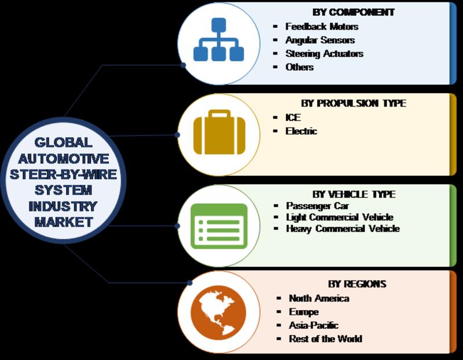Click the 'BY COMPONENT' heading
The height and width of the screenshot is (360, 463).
pos(354,12)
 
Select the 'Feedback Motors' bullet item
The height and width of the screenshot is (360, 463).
pos(322,27)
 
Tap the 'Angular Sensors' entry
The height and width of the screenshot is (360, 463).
pos(320,40)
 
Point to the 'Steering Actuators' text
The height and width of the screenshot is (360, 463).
pos(324,54)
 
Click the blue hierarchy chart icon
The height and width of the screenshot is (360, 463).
pos(219,39)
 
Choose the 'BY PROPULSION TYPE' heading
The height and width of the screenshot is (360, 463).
pos(354,103)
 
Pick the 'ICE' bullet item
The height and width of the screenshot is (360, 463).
pos(293,117)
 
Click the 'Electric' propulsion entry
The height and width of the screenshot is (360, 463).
pos(301,131)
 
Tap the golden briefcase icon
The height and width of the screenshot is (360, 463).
pos(219,132)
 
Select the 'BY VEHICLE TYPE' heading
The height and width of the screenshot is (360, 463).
pos(354,194)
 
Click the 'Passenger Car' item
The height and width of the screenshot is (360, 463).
pos(317,206)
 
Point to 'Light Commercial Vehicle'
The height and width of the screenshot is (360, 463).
pos(340,218)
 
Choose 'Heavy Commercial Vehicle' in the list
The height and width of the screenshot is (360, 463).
pos(343,229)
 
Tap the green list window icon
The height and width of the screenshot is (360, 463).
pos(219,226)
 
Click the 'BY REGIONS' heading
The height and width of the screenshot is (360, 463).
pos(357,284)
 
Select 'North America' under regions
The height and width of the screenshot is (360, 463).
pos(319,298)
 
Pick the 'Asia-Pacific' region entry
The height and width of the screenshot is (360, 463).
pos(314,325)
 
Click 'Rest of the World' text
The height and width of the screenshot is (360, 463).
pos(325,339)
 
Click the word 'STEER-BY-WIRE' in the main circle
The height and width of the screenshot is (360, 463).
pos(63,174)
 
